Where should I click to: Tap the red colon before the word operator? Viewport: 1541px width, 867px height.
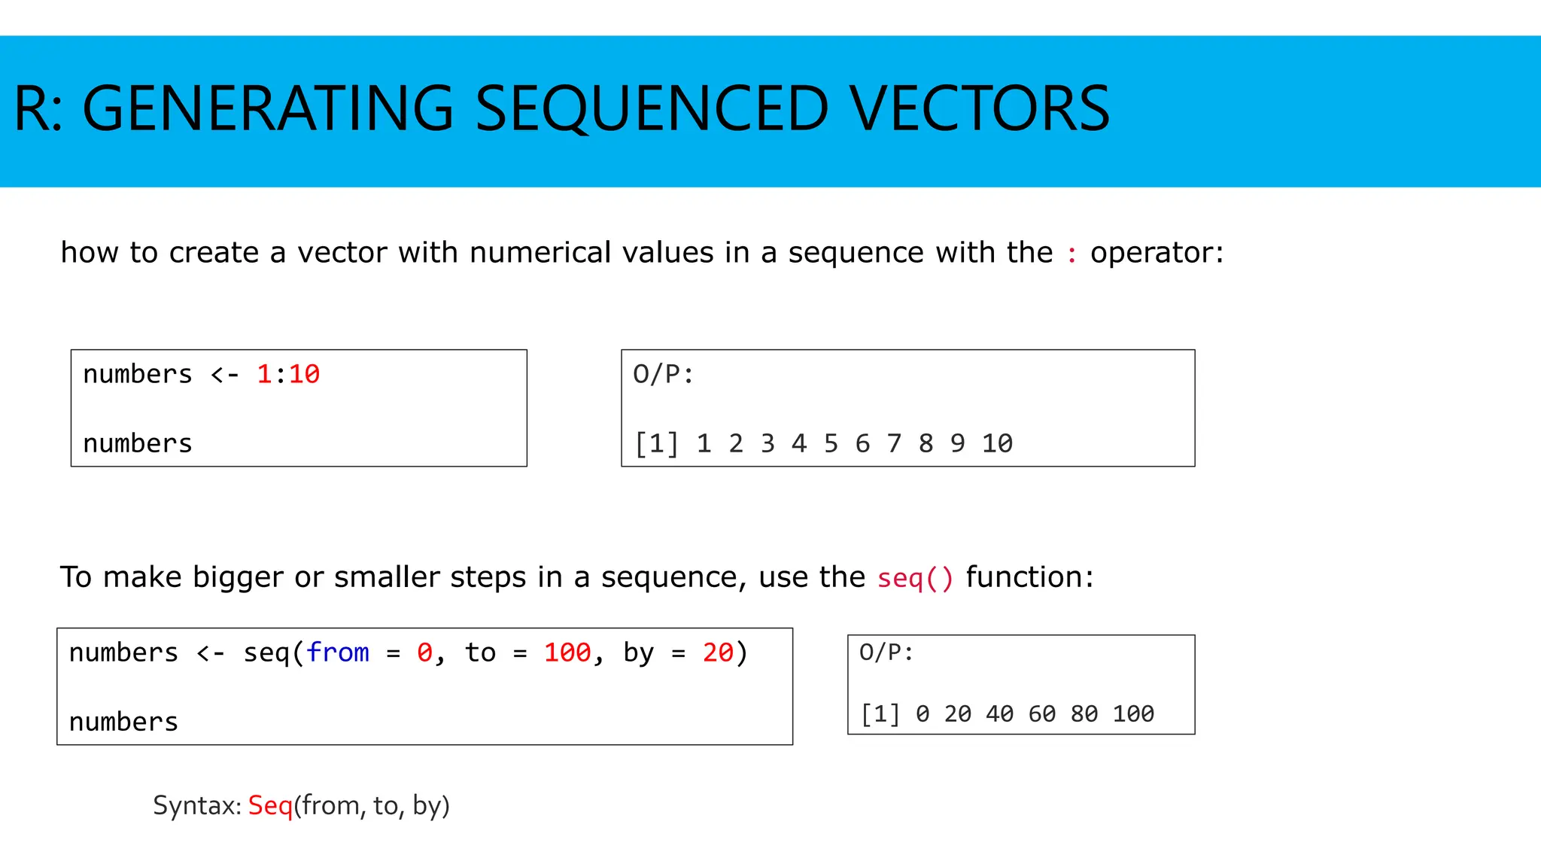click(1071, 254)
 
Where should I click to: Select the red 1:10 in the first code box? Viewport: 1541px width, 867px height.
click(288, 374)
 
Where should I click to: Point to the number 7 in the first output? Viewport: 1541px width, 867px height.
click(894, 443)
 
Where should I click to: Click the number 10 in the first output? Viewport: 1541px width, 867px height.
click(997, 443)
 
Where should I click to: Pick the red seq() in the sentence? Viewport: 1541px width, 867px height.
click(915, 578)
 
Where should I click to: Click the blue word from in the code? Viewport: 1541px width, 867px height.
click(338, 653)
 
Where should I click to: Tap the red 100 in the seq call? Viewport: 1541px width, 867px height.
click(567, 653)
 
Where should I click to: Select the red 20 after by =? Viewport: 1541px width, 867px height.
click(718, 653)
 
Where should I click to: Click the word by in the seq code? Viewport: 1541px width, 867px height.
click(638, 653)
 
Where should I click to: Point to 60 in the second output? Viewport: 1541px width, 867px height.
click(1041, 713)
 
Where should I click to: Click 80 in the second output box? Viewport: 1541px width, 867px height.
click(1084, 713)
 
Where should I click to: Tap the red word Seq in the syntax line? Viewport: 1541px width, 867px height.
click(270, 805)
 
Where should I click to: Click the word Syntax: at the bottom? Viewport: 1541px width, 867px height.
click(197, 805)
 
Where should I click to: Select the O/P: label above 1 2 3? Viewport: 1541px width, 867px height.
click(663, 374)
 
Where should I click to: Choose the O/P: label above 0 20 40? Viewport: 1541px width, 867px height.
click(886, 653)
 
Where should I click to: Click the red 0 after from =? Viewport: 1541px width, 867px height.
click(424, 653)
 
